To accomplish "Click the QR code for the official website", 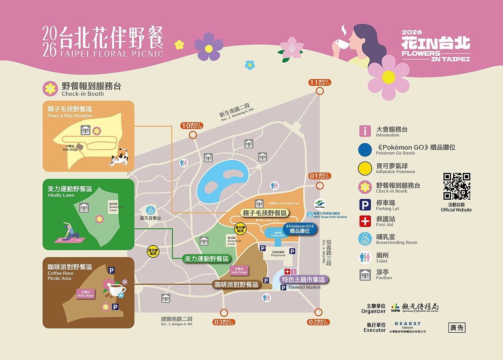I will coord(456,186).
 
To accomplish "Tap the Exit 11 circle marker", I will coord(320,91).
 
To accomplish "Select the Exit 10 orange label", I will coord(192,125).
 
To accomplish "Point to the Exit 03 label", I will coord(223,322).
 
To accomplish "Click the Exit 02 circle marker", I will coord(318,312).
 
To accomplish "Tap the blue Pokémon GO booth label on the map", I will coord(299,229).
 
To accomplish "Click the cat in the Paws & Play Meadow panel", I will coord(119,157).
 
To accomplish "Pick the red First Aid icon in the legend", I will coord(365,221).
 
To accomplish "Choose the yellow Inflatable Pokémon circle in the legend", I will coord(365,168).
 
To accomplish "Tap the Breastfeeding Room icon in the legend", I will coord(365,239).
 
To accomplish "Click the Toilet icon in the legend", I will coord(365,257).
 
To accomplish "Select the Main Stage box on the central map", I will coord(239,270).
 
